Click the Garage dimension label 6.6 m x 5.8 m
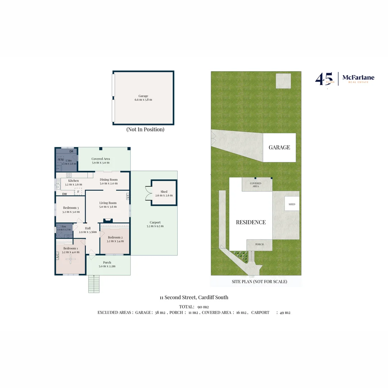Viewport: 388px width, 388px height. (143, 100)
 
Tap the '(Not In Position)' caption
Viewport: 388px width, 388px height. (145, 129)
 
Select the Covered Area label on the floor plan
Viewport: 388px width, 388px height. (101, 159)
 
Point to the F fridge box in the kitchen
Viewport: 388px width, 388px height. (78, 192)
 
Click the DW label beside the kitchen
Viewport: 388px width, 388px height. (65, 194)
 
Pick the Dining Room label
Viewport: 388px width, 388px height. (109, 180)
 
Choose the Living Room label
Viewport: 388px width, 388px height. (108, 203)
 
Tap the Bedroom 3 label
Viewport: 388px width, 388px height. (71, 208)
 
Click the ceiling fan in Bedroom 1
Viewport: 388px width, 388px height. (70, 260)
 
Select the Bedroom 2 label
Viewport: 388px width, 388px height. (115, 237)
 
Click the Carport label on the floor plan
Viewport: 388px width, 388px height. (155, 222)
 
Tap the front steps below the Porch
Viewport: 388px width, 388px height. (94, 284)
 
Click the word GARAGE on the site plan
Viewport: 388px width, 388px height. (279, 147)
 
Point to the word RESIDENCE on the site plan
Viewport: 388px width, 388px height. (251, 222)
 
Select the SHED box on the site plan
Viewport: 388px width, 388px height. (292, 204)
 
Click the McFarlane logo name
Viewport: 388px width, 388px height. (358, 78)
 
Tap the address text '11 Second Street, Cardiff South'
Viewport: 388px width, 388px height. (194, 297)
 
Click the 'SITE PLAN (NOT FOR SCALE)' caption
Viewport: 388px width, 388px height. (259, 282)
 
